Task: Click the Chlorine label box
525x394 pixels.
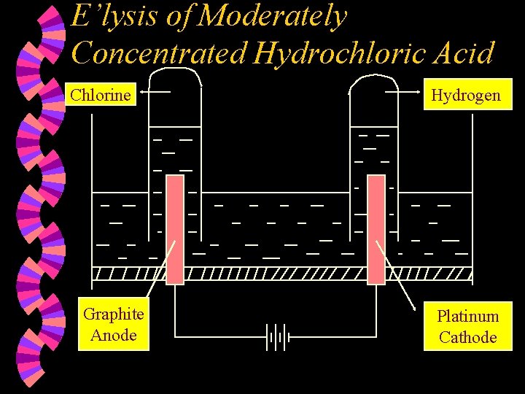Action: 101,95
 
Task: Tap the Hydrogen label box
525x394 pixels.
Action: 466,96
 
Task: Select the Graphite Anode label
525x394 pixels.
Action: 113,325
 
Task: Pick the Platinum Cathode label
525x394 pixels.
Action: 467,326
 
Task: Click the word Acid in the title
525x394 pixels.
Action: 467,53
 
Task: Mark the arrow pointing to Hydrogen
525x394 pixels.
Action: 405,93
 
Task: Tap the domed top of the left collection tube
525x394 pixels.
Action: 175,73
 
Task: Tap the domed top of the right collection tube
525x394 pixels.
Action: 375,77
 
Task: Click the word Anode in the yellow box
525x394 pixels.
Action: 114,336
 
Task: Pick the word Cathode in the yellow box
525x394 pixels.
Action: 467,337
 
